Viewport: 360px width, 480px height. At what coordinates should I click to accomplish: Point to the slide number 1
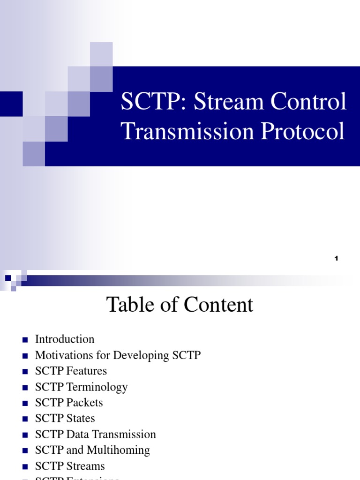point(337,258)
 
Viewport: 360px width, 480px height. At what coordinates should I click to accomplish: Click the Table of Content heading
point(180,305)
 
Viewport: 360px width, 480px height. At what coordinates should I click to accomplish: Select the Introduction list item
point(65,339)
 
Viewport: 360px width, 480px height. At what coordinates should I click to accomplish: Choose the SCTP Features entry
point(71,371)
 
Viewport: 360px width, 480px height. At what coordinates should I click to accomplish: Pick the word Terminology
point(97,387)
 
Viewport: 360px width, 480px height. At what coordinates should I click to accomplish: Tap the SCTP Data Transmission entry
point(95,434)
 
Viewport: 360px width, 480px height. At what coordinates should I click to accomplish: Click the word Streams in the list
point(86,466)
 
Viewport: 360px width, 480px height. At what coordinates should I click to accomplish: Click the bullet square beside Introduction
point(25,339)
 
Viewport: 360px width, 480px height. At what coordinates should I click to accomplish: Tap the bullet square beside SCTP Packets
point(25,403)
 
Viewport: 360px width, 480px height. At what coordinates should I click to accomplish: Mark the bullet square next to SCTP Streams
point(25,466)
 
